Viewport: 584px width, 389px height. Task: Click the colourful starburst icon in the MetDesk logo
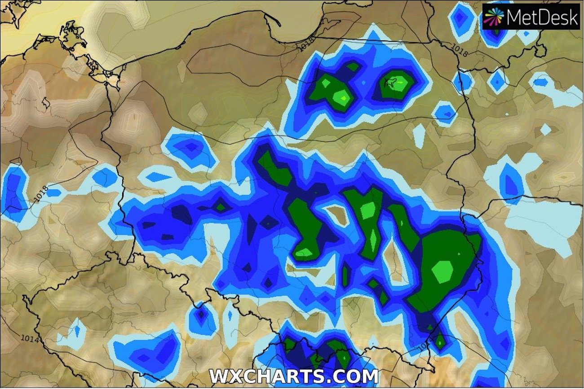point(494,17)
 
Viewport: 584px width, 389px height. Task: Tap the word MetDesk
point(541,17)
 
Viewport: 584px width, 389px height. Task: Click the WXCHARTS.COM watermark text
point(293,376)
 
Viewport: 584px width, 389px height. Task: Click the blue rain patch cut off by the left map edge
point(13,193)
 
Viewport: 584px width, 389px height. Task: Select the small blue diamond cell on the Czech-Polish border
point(201,315)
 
